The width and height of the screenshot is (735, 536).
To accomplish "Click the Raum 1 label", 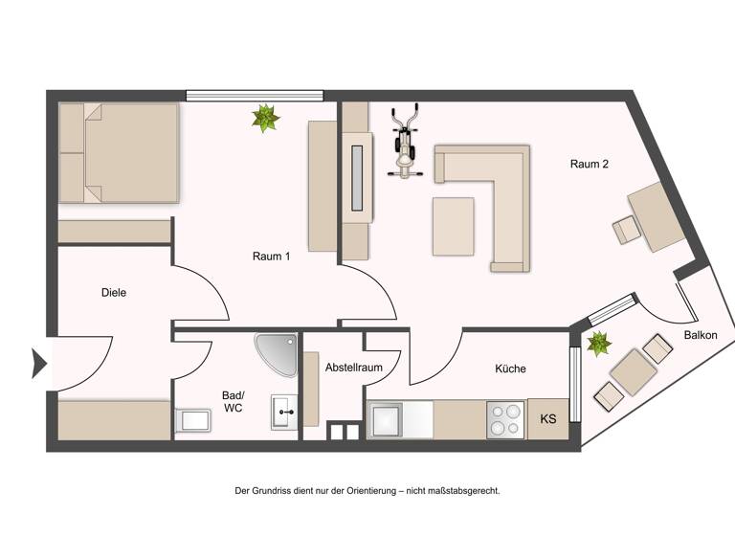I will pyautogui.click(x=272, y=257).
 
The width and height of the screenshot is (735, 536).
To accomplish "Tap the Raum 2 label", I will pyautogui.click(x=590, y=165).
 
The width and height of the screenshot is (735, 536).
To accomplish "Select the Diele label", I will pyautogui.click(x=114, y=293).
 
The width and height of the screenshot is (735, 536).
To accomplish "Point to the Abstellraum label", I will pyautogui.click(x=353, y=368).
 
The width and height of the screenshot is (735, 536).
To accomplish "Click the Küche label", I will pyautogui.click(x=510, y=368).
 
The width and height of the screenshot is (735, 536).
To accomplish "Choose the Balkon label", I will pyautogui.click(x=702, y=336).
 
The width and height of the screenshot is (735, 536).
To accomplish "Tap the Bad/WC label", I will pyautogui.click(x=234, y=401).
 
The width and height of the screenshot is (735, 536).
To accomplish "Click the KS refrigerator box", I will pyautogui.click(x=548, y=419).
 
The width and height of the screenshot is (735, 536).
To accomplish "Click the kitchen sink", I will pyautogui.click(x=389, y=420).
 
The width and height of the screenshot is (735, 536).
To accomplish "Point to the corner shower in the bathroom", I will pyautogui.click(x=278, y=353).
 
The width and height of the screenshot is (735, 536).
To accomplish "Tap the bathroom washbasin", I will pyautogui.click(x=286, y=413).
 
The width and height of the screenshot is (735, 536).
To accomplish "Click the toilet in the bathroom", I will pyautogui.click(x=193, y=420).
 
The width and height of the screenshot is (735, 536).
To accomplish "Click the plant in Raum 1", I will pyautogui.click(x=265, y=119).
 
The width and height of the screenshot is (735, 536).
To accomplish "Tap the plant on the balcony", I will pyautogui.click(x=600, y=343).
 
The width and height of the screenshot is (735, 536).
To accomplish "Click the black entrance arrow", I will pyautogui.click(x=39, y=363).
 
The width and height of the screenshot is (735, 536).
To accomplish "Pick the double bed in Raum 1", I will pyautogui.click(x=119, y=152).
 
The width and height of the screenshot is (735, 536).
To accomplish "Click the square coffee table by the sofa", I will pyautogui.click(x=453, y=226).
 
